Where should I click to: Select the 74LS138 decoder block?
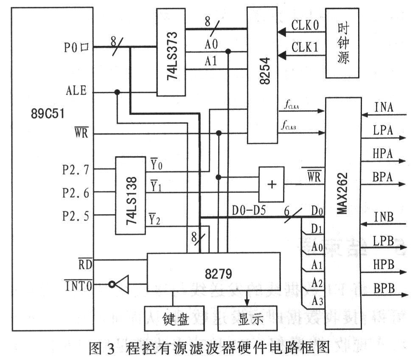click(130, 195)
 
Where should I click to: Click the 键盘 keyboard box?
click(174, 319)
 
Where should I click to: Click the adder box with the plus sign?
click(272, 184)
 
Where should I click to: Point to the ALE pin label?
click(76, 91)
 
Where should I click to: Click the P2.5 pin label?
click(76, 217)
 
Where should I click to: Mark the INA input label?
click(384, 106)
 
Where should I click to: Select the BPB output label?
click(384, 289)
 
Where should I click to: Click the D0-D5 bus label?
click(249, 210)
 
